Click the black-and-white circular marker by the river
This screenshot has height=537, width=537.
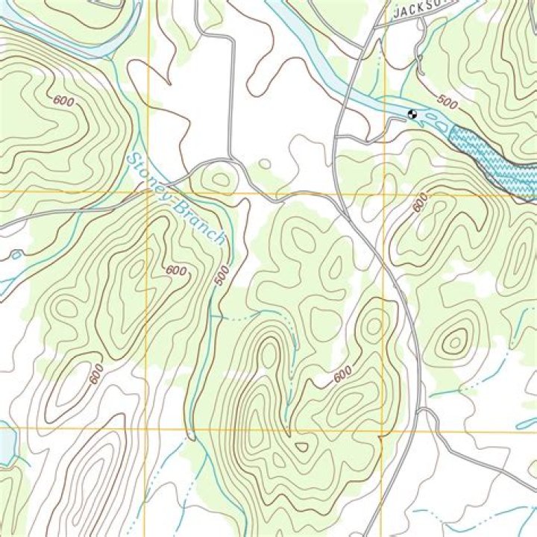pos(412,114)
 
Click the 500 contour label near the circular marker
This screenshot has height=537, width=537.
pos(447,101)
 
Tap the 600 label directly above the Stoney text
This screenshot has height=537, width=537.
pos(64,101)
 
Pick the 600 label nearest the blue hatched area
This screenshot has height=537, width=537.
pos(421,202)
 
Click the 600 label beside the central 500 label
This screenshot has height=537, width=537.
pos(176,270)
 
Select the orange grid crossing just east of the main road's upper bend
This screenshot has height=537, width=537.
pos(385,193)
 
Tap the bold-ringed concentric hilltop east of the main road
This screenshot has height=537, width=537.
pos(454,341)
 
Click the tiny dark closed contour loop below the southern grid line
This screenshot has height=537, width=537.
pos(301,447)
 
